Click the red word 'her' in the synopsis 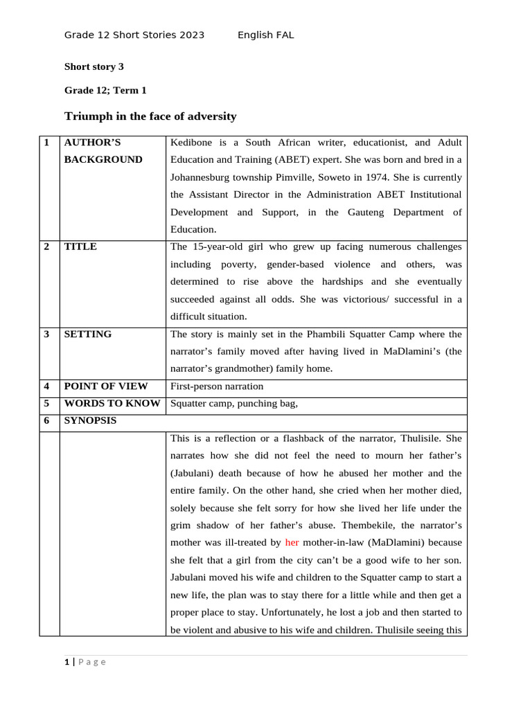point(292,543)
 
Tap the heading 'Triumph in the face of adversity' point(150,116)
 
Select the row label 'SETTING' point(87,334)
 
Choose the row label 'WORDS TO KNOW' point(112,404)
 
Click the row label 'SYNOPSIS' point(90,421)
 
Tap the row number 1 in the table point(46,143)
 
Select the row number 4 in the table point(46,386)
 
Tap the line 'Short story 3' point(94,66)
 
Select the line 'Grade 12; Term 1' point(105,90)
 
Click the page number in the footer point(67,662)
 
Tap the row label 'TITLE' point(80,246)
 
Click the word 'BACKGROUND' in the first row point(103,159)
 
